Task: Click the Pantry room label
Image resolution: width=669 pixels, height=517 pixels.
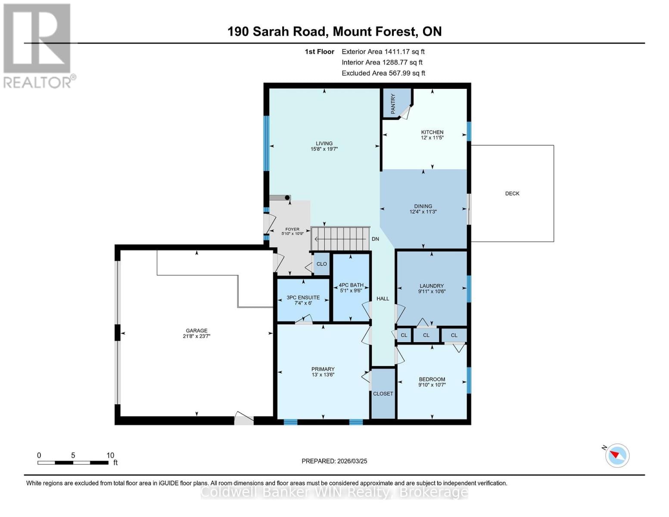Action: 393,104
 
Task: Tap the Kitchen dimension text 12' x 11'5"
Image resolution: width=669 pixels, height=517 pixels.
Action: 432,138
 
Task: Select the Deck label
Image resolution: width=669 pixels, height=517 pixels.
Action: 512,193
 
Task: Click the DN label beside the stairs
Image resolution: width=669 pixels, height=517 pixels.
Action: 375,239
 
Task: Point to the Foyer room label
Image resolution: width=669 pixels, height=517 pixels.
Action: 292,230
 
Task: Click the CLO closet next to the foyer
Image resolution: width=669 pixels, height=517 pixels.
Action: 321,264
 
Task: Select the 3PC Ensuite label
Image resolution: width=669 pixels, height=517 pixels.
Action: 303,298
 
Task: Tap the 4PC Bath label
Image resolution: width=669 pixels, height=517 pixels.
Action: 351,285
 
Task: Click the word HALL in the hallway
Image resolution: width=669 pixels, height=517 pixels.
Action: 383,299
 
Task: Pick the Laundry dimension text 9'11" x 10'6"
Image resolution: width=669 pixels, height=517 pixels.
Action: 432,292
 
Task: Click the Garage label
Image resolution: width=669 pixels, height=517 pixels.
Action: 196,330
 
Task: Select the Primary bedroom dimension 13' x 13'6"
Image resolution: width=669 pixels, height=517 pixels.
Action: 323,375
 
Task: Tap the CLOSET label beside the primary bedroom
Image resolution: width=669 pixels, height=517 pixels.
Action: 383,394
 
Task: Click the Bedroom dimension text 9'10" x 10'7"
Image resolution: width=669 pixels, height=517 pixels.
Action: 432,385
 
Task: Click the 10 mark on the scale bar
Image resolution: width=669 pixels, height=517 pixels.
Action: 110,455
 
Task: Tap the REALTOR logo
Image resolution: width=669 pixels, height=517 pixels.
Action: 38,45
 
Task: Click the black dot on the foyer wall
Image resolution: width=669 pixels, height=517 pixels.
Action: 287,198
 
